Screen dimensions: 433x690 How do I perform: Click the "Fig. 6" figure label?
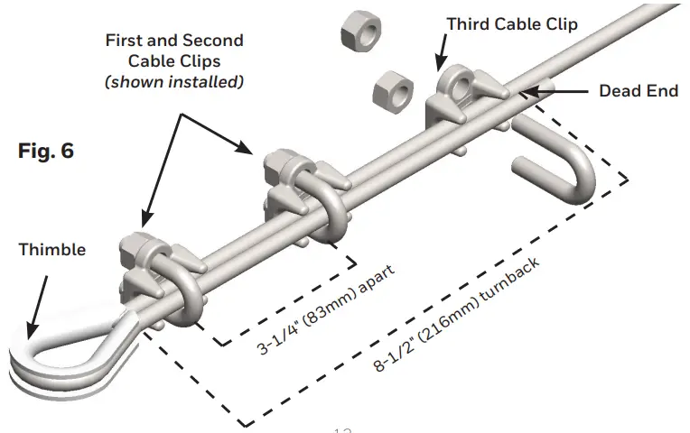tap(46, 151)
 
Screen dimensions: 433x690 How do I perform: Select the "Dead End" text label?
tap(638, 91)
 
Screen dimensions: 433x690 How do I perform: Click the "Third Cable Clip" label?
tap(512, 23)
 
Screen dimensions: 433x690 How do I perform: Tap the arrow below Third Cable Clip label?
tap(442, 54)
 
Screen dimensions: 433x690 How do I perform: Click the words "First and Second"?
tap(174, 41)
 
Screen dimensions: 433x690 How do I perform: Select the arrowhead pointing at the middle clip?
tap(254, 152)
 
